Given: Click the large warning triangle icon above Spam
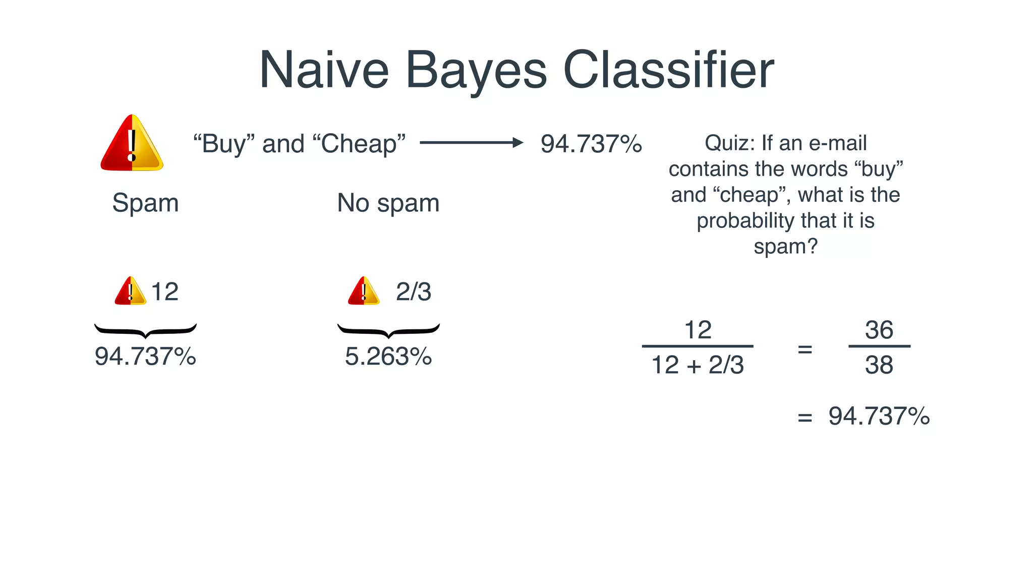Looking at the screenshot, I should pyautogui.click(x=132, y=143).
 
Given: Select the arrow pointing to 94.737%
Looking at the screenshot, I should pyautogui.click(x=471, y=143).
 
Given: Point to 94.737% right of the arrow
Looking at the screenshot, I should pyautogui.click(x=591, y=144).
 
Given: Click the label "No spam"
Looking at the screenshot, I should pyautogui.click(x=388, y=203).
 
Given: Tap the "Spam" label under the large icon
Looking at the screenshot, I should pyautogui.click(x=145, y=203).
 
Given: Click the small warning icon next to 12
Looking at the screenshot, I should pyautogui.click(x=130, y=291).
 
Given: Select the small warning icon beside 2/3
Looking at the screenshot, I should pyautogui.click(x=363, y=291).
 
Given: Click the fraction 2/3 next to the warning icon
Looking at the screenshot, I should pyautogui.click(x=413, y=292).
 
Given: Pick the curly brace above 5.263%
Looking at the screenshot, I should pyautogui.click(x=388, y=330).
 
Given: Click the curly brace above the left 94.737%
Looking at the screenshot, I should pyautogui.click(x=145, y=330).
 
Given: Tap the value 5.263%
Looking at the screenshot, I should pyautogui.click(x=388, y=357).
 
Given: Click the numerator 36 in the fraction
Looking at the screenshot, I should pyautogui.click(x=879, y=330).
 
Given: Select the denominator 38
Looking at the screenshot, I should pyautogui.click(x=879, y=365).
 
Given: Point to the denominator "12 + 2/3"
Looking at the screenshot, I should pyautogui.click(x=698, y=365).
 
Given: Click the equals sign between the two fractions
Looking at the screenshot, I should pyautogui.click(x=805, y=349).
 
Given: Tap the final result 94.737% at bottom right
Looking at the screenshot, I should pyautogui.click(x=879, y=417).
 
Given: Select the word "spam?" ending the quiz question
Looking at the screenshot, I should pyautogui.click(x=785, y=247).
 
